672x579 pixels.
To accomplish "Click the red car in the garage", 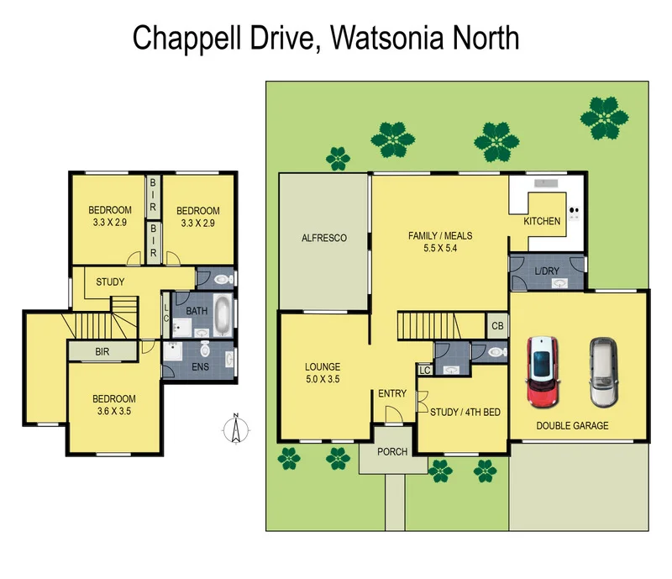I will (542, 371).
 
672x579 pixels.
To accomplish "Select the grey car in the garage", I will (601, 371).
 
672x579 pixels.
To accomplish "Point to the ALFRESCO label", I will (324, 239).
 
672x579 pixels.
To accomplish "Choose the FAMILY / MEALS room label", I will (438, 242).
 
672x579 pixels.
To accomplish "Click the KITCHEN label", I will (542, 221).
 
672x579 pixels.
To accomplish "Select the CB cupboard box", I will (496, 325).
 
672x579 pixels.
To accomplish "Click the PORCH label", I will (391, 452).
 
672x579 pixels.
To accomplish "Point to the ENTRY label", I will (391, 393).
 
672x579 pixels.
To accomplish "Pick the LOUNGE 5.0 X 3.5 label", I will (323, 373).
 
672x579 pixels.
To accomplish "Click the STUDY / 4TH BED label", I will (465, 412).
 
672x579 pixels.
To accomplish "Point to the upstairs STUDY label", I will (110, 282).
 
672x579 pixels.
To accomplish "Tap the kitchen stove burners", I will (575, 213).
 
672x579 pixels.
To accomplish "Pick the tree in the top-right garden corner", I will (605, 118).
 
